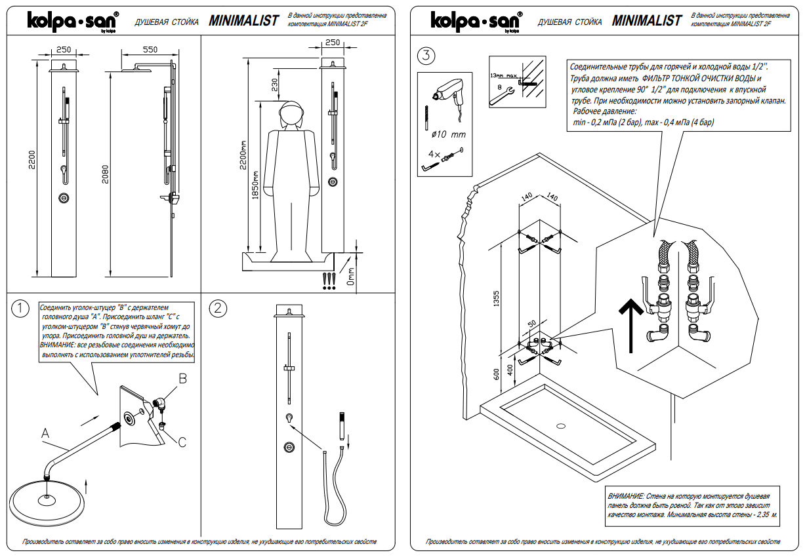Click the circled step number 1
click(x=21, y=307)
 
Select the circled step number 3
click(x=426, y=56)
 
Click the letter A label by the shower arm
click(x=45, y=433)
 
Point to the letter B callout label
click(x=183, y=379)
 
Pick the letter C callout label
click(x=182, y=442)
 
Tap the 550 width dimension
click(x=150, y=50)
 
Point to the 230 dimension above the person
click(x=274, y=85)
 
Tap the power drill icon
click(x=445, y=91)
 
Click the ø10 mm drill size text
click(x=448, y=134)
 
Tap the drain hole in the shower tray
click(x=561, y=426)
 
